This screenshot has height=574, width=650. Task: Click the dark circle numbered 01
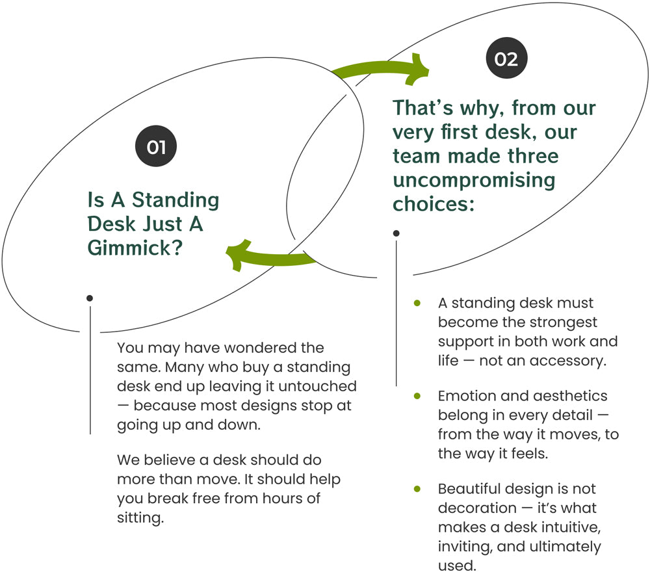click(156, 148)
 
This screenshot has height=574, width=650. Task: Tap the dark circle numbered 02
click(506, 59)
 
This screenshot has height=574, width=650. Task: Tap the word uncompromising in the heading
click(474, 180)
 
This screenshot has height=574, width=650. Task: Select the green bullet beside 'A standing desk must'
click(417, 303)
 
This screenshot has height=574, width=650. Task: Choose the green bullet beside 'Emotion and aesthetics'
click(417, 396)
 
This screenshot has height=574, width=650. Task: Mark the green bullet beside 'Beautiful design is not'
click(417, 488)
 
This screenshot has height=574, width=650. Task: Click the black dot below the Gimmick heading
click(90, 298)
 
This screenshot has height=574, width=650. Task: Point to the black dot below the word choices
click(396, 233)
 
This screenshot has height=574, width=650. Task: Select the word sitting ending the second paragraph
click(140, 518)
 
